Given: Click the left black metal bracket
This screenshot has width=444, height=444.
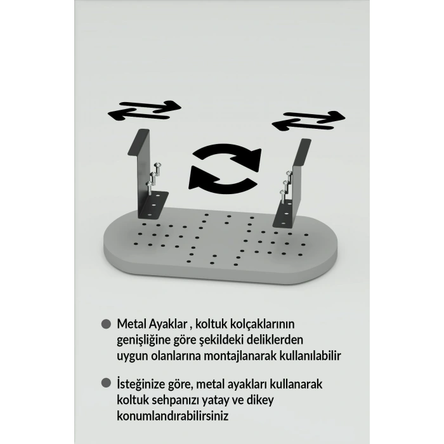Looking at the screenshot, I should point(146,171).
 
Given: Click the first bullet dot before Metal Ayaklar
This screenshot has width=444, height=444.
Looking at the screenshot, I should point(106,323).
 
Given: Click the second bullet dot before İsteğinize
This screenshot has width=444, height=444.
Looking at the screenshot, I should point(106,384).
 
